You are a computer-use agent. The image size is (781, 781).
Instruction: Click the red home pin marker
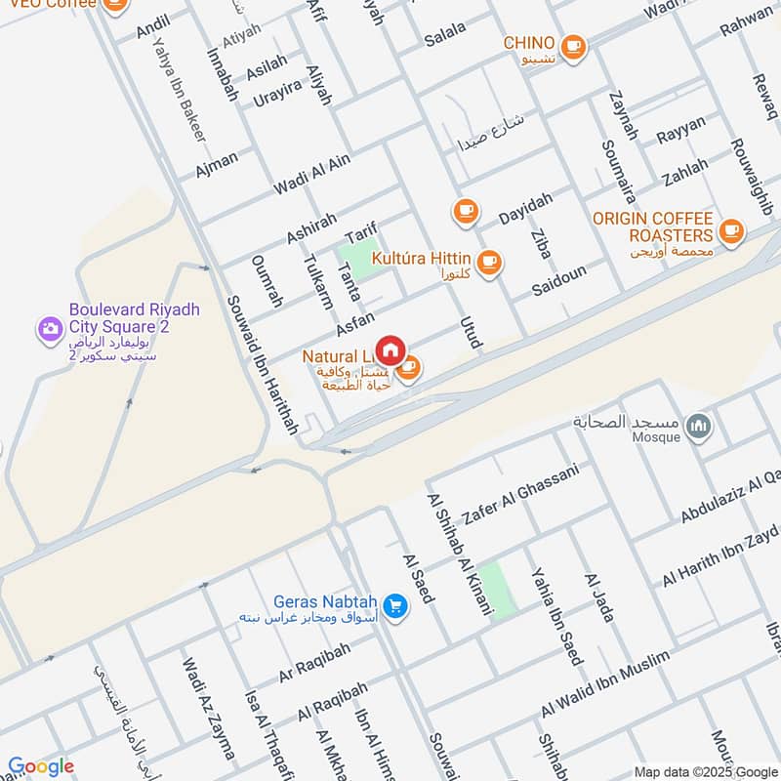390,349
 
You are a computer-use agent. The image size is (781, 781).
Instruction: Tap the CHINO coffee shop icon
573,45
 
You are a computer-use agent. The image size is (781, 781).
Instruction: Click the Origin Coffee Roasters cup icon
729,231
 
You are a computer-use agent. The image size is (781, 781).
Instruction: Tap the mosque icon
699,426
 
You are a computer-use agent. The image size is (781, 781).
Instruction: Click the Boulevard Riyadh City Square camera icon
49,329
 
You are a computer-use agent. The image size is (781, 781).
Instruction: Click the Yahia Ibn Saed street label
555,615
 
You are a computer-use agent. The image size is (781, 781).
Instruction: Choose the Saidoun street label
559,279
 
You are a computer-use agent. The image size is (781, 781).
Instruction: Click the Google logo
41,766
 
